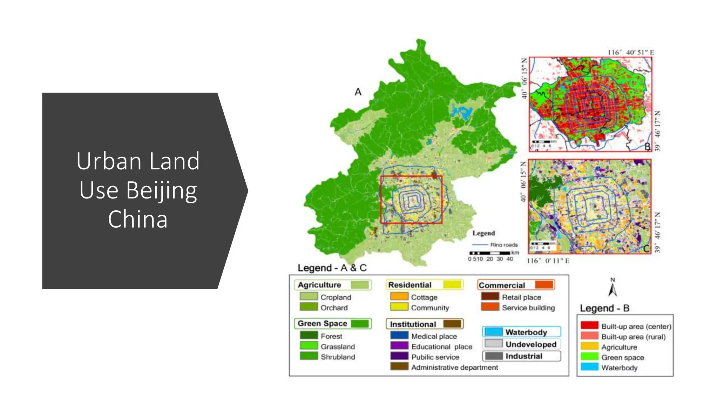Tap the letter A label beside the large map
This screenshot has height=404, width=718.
click(x=358, y=92)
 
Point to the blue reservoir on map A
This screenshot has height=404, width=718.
click(x=462, y=112)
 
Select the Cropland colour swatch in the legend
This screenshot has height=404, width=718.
click(x=309, y=297)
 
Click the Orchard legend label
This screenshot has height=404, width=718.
click(x=334, y=308)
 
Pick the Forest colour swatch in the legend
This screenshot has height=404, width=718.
click(x=309, y=336)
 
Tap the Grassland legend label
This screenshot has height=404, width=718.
click(x=338, y=346)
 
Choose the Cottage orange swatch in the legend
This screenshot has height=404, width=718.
click(x=399, y=297)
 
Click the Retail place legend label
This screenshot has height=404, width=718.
click(x=521, y=297)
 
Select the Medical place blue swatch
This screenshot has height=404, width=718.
click(x=399, y=336)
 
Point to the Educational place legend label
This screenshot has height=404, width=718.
click(x=442, y=346)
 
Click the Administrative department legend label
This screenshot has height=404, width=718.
click(x=454, y=367)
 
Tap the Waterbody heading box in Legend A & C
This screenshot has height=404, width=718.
click(x=521, y=332)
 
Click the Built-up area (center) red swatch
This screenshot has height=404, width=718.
click(x=589, y=326)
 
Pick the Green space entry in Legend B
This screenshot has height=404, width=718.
click(x=623, y=357)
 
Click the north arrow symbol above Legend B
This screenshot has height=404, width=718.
click(x=612, y=289)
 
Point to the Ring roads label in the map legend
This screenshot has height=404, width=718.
click(x=504, y=245)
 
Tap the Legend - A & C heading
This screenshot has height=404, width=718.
click(x=332, y=268)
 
